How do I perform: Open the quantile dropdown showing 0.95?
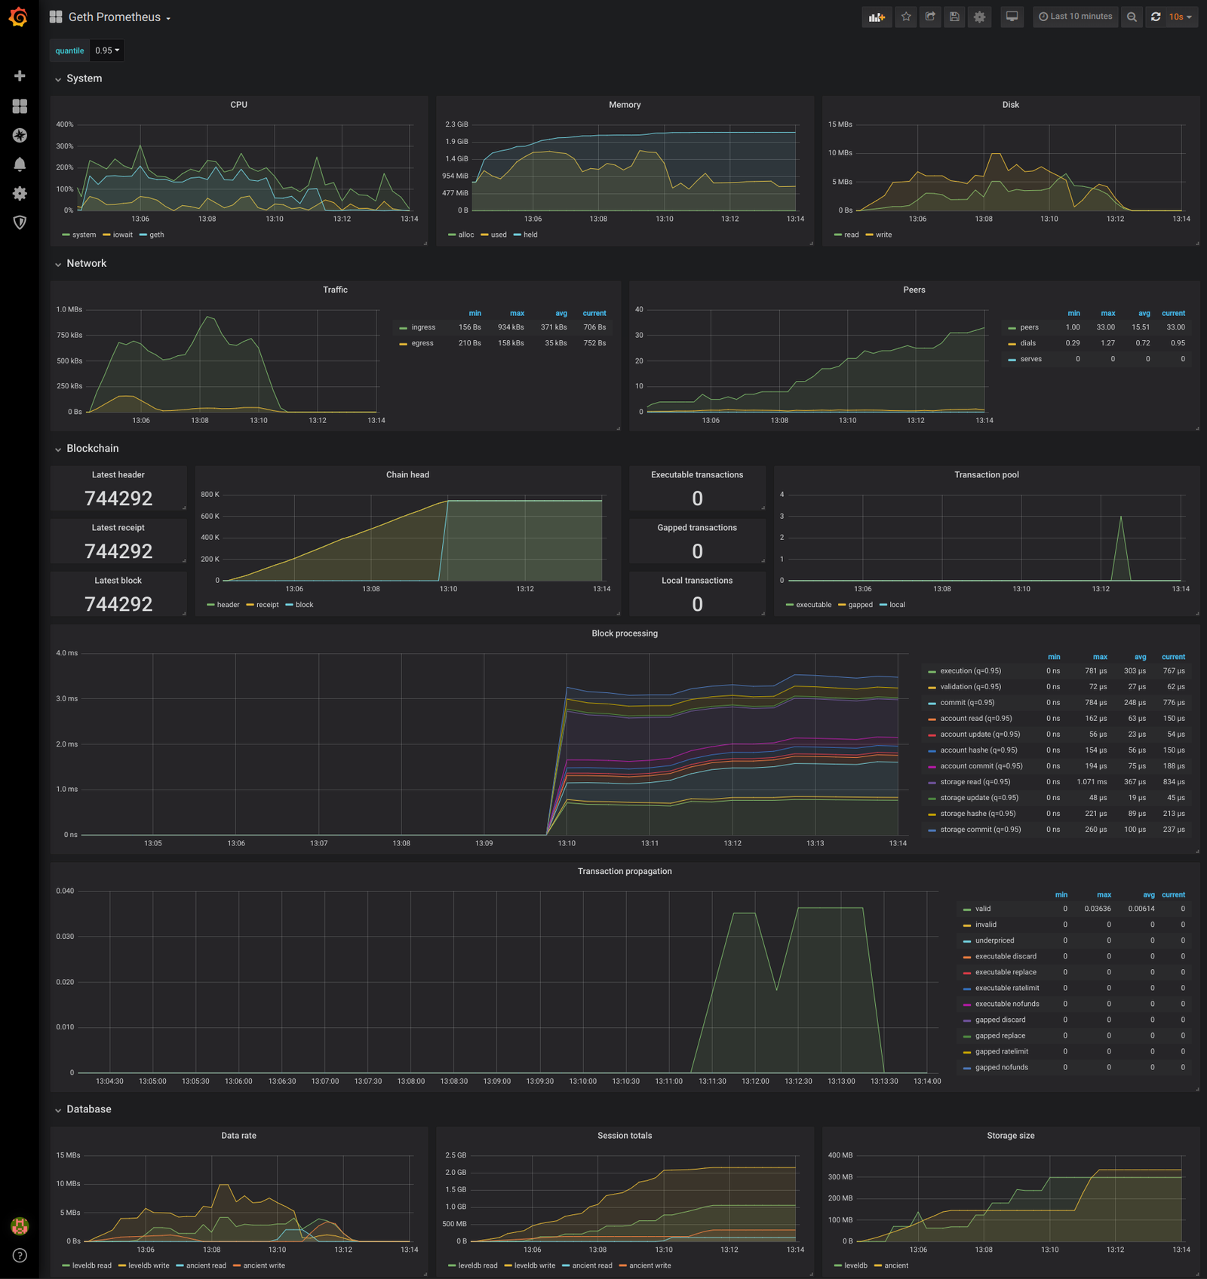[x=106, y=51]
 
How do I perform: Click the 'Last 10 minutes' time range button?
[x=1075, y=17]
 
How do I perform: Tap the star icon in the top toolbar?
[x=906, y=17]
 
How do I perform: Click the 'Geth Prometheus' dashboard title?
[x=115, y=17]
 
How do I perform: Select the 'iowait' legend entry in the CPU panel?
[x=122, y=235]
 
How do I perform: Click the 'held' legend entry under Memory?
[x=530, y=235]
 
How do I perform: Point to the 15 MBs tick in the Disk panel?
[x=840, y=124]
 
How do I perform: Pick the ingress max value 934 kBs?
[x=511, y=327]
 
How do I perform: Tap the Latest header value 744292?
[x=118, y=498]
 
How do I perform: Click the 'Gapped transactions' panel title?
[x=697, y=528]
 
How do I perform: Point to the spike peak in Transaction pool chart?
[x=1121, y=517]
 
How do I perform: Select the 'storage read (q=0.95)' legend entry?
[x=975, y=782]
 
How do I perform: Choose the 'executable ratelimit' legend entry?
[x=1006, y=988]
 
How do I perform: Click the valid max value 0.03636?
[x=1098, y=909]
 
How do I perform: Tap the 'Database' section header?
[x=88, y=1109]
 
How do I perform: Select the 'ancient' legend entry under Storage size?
[x=895, y=1265]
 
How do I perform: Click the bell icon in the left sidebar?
[x=20, y=164]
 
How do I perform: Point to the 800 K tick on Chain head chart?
[x=210, y=495]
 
